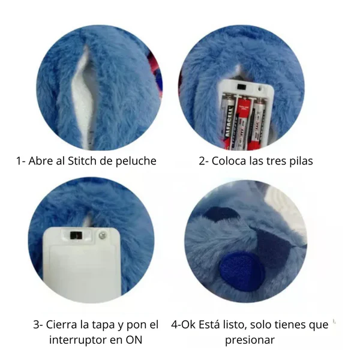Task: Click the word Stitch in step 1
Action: (82, 161)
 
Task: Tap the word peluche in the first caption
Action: (136, 161)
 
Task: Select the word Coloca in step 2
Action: (229, 161)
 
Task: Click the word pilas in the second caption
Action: (301, 161)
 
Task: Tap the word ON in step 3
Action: (134, 340)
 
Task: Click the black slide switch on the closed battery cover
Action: (76, 235)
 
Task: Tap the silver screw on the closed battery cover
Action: (102, 235)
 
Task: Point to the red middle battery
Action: (244, 123)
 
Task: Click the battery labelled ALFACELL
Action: (228, 123)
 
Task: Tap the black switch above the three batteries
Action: (242, 87)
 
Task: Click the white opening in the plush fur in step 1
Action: (83, 97)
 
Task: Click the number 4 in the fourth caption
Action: (175, 325)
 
